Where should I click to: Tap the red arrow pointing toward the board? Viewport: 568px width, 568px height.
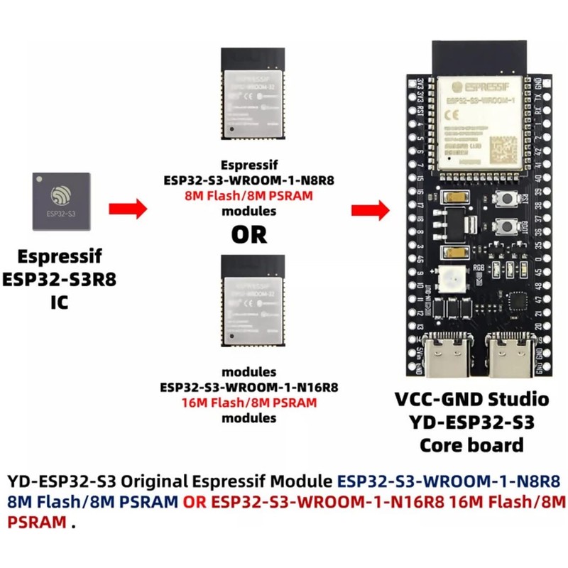coord(371,209)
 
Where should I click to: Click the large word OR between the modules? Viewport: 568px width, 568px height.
coord(248,233)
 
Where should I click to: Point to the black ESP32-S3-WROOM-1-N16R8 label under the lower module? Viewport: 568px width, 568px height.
coord(248,388)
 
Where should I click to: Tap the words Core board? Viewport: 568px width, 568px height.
coord(471,445)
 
